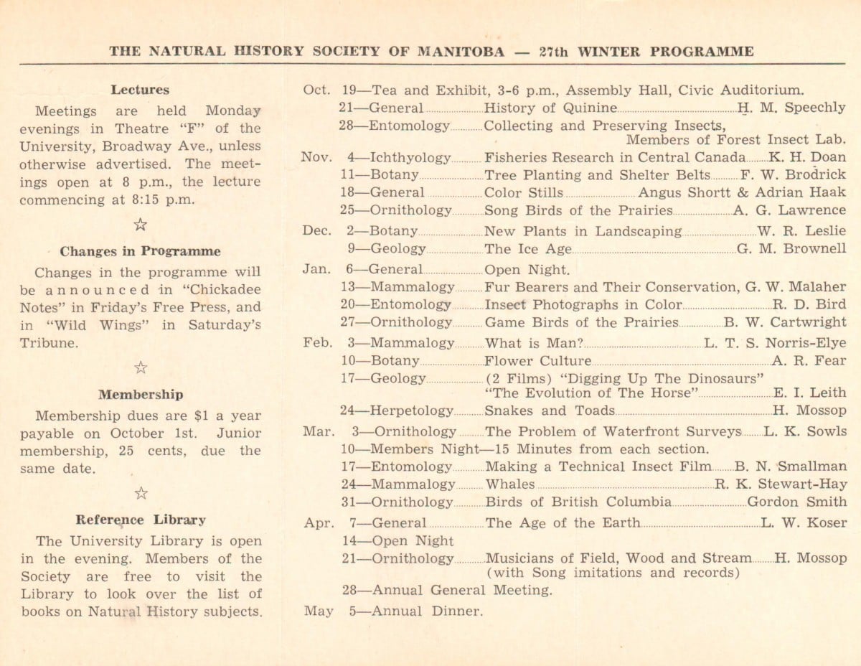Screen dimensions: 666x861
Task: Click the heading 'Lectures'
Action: (140, 90)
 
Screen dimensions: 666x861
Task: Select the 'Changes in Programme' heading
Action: (140, 251)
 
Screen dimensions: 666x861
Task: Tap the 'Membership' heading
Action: (141, 394)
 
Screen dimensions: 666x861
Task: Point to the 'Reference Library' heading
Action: (141, 520)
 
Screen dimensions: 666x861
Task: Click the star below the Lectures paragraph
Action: (141, 225)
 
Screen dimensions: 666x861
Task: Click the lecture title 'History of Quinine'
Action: (550, 108)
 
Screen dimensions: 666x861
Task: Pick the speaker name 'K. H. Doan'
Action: (807, 157)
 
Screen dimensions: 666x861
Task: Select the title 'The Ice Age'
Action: (528, 249)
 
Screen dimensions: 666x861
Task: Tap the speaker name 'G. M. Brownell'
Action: (791, 249)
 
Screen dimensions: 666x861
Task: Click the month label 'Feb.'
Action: (317, 343)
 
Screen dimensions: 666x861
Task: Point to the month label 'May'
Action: (318, 611)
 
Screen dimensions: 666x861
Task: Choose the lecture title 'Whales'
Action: (509, 484)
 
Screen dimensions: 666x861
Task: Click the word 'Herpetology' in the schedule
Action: (412, 411)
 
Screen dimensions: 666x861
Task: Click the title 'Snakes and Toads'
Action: (550, 411)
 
